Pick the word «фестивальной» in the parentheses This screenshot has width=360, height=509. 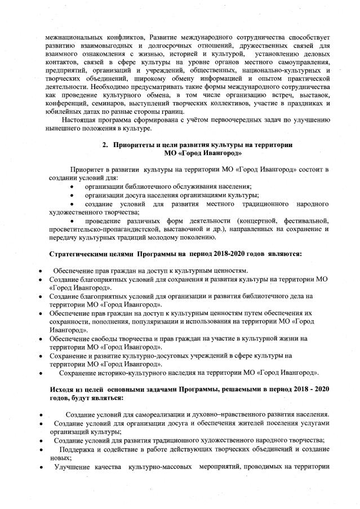coord(308,220)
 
